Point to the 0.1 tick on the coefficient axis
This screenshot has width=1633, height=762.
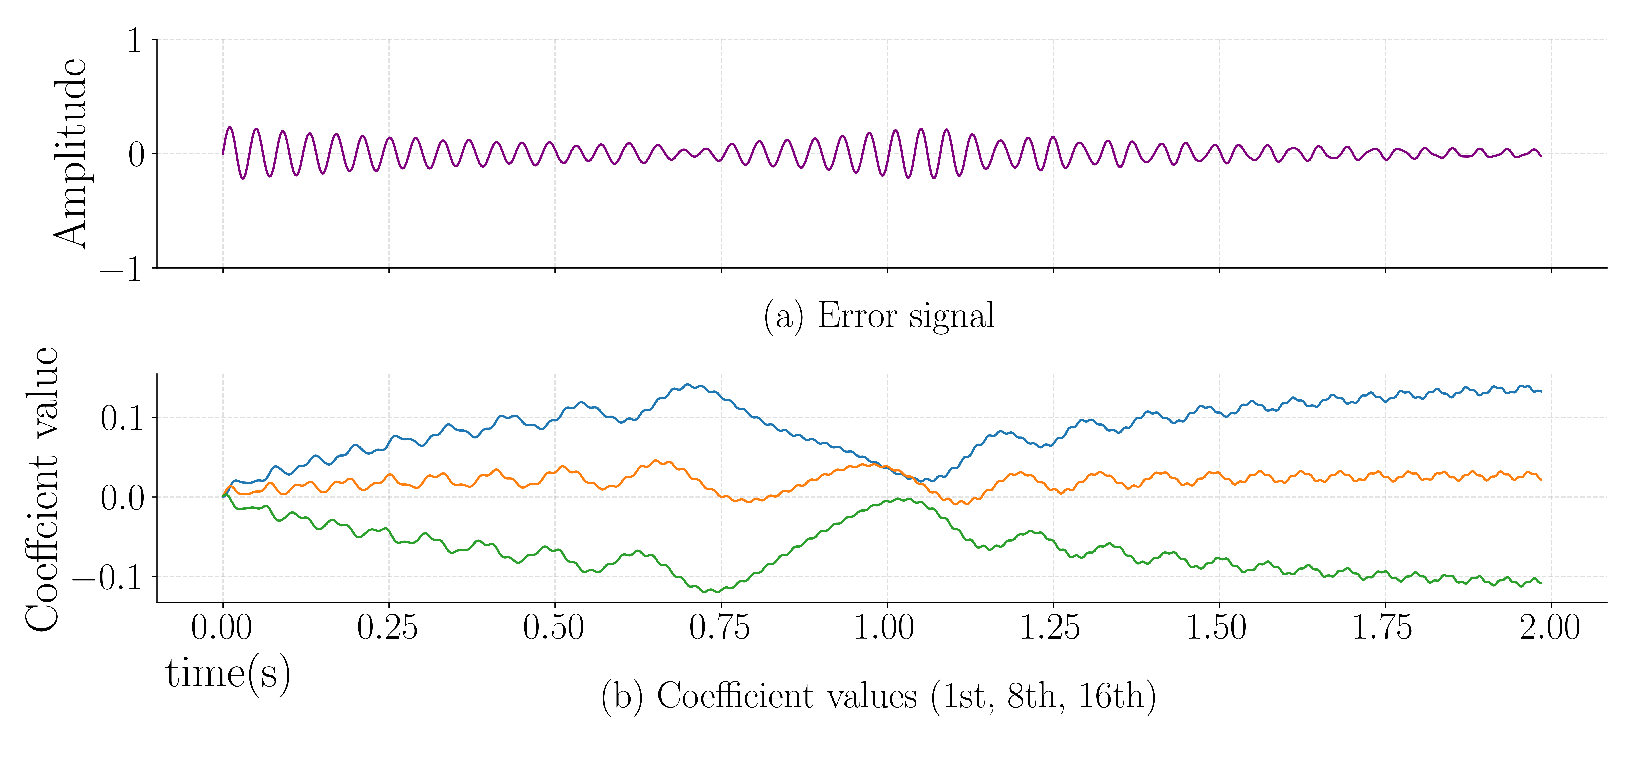click(x=122, y=418)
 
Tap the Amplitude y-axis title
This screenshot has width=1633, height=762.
click(x=70, y=153)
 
